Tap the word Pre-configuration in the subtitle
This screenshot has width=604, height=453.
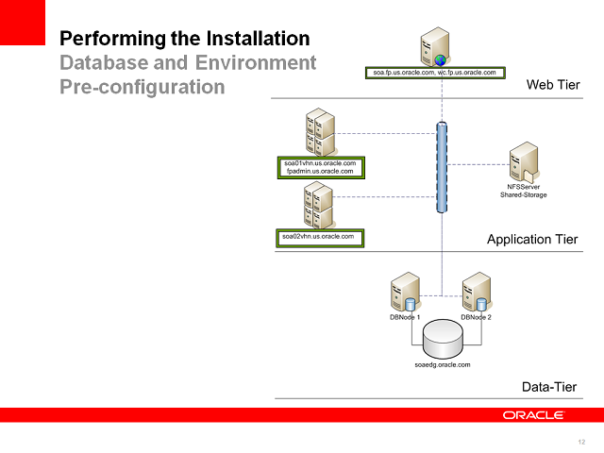pyautogui.click(x=143, y=87)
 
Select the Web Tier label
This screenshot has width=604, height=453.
pyautogui.click(x=552, y=85)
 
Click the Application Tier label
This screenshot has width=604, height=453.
pyautogui.click(x=531, y=239)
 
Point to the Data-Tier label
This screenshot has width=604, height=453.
pyautogui.click(x=549, y=387)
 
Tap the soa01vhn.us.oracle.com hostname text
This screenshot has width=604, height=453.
pyautogui.click(x=319, y=163)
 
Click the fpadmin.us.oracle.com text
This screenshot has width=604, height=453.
pyautogui.click(x=319, y=172)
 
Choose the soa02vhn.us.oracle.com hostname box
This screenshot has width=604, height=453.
pyautogui.click(x=319, y=236)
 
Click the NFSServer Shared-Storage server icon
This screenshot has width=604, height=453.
pyautogui.click(x=524, y=164)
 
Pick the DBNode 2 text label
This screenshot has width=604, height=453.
pyautogui.click(x=477, y=317)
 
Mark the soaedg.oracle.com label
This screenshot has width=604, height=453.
pyautogui.click(x=443, y=363)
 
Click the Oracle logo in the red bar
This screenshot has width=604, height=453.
pyautogui.click(x=533, y=415)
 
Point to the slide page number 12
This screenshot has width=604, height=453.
pyautogui.click(x=580, y=442)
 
